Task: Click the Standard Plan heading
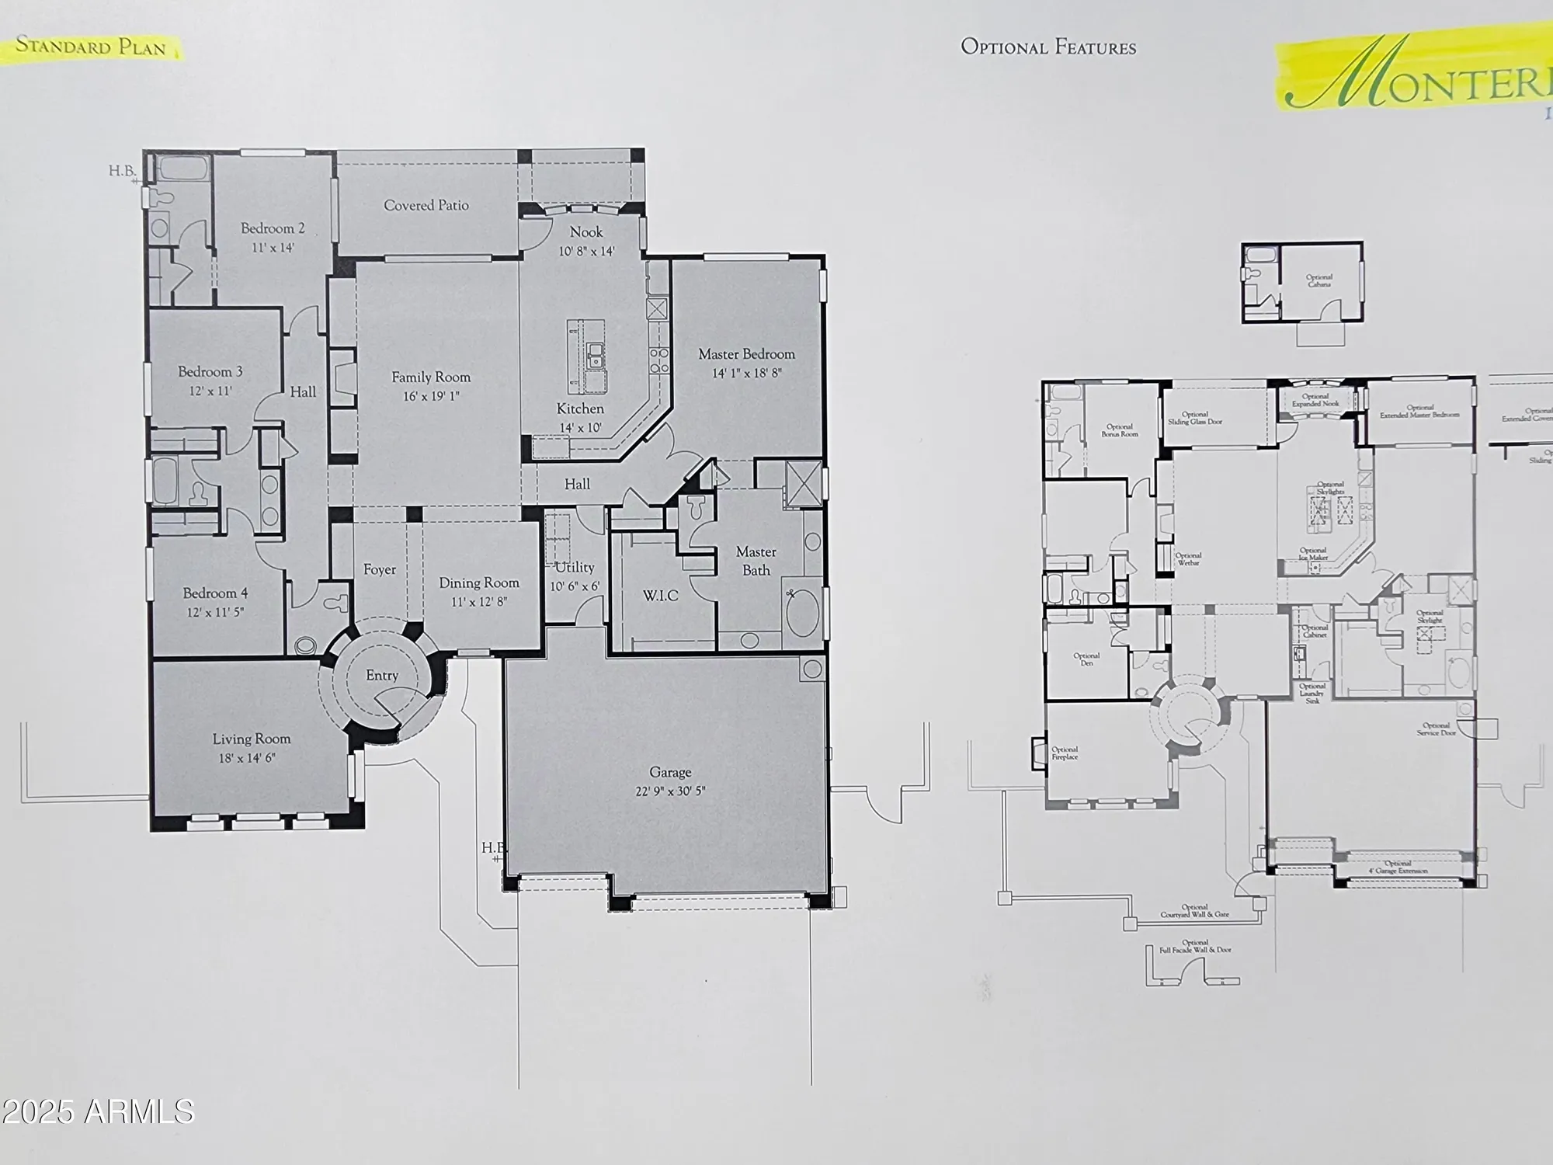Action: tap(91, 47)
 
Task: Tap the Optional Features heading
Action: tap(1048, 47)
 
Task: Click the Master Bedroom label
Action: tap(746, 354)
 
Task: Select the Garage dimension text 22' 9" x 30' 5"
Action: tap(670, 792)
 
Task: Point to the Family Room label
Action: tap(431, 377)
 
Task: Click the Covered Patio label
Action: tap(426, 206)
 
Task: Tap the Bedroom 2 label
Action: tap(273, 228)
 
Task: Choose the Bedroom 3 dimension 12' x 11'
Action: tap(210, 391)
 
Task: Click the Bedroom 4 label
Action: tap(215, 593)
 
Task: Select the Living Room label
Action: tap(252, 739)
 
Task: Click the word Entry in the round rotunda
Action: tap(382, 676)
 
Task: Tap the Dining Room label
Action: tap(479, 583)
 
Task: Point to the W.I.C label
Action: tap(661, 596)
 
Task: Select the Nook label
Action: tap(586, 232)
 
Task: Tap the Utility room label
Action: tap(575, 568)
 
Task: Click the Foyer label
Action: tap(380, 570)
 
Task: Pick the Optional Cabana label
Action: tap(1319, 280)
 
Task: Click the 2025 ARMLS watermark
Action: tap(98, 1111)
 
